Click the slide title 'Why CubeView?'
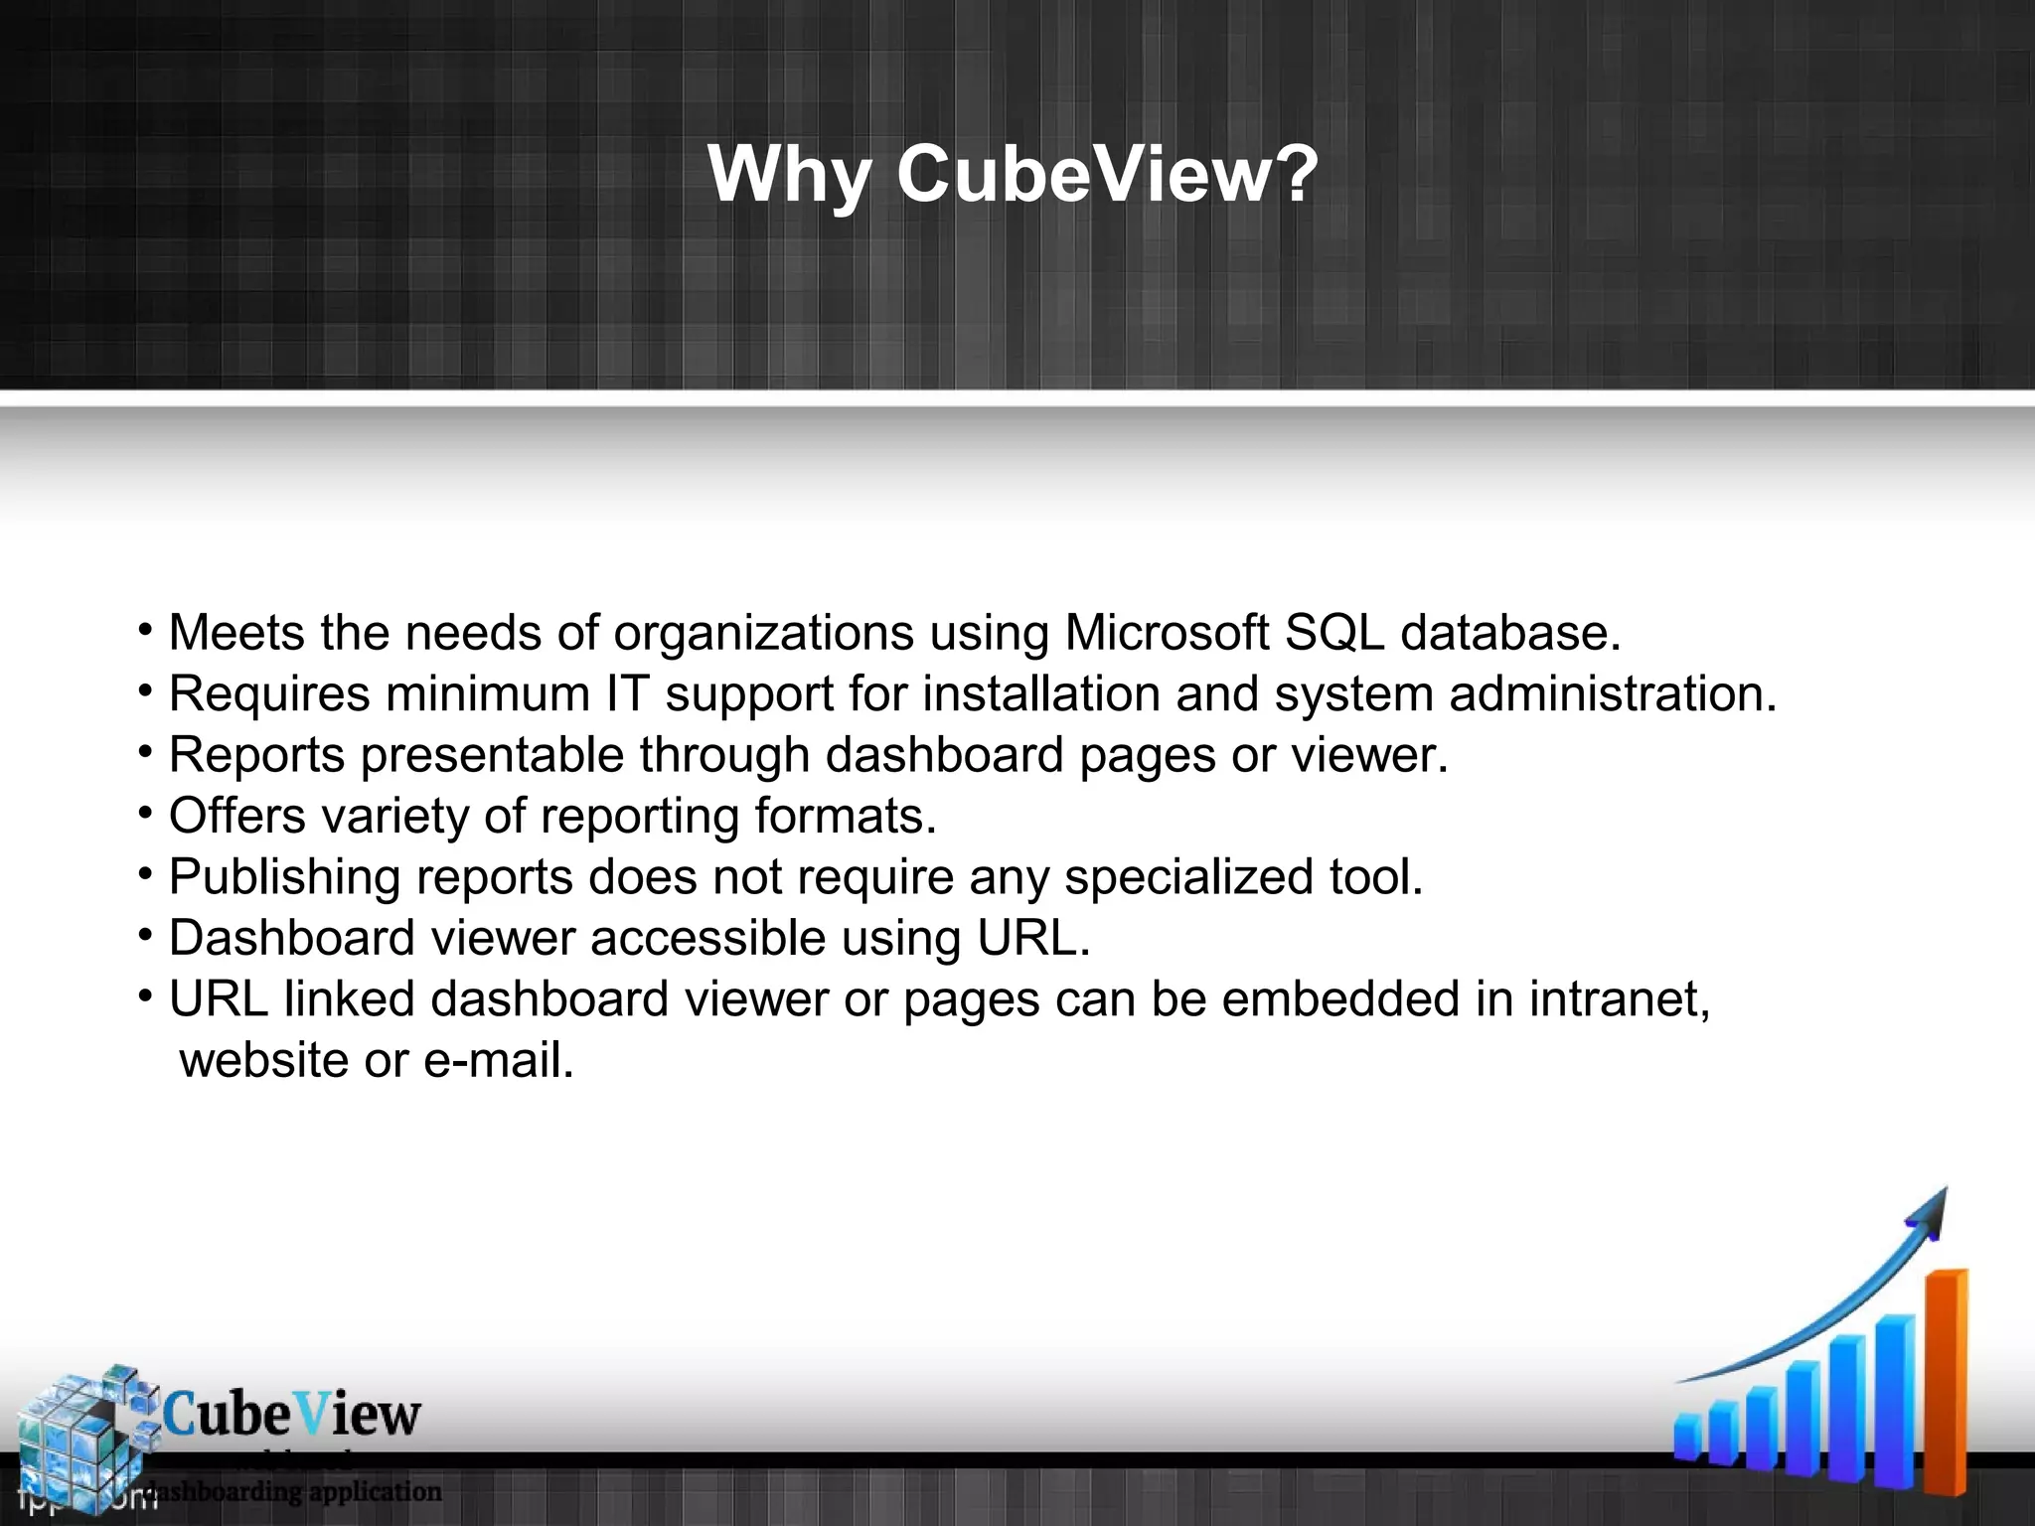coord(1014,175)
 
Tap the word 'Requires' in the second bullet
coord(269,694)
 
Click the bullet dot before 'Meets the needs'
coord(145,631)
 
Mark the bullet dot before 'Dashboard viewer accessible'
coord(145,936)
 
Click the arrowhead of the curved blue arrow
coord(1926,1218)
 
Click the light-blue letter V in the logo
coord(312,1414)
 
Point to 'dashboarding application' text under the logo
coord(293,1491)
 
